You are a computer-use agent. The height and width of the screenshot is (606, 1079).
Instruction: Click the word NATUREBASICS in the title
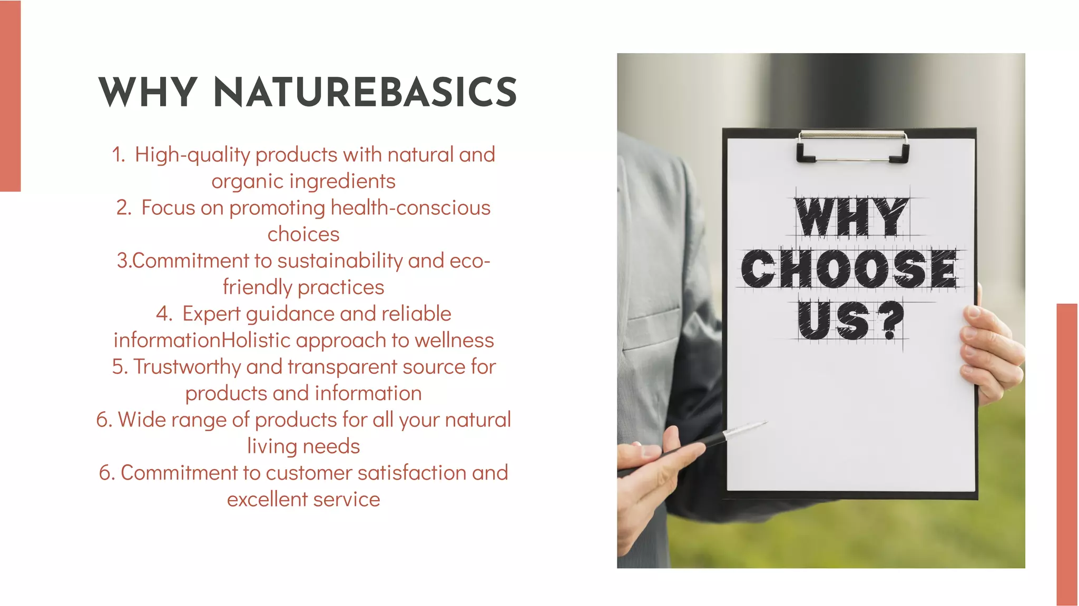(365, 92)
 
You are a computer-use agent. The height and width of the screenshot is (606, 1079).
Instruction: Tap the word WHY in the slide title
(148, 92)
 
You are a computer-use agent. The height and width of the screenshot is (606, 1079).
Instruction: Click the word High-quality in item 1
(192, 155)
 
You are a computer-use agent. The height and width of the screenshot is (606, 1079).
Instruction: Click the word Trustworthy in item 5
(187, 367)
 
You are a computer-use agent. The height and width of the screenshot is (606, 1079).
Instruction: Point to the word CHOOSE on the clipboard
(849, 269)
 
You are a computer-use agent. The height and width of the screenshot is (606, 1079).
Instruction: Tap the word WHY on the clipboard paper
(851, 217)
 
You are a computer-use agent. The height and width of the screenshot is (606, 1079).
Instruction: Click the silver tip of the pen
(746, 430)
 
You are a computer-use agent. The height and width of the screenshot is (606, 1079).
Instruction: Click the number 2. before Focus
(124, 208)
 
